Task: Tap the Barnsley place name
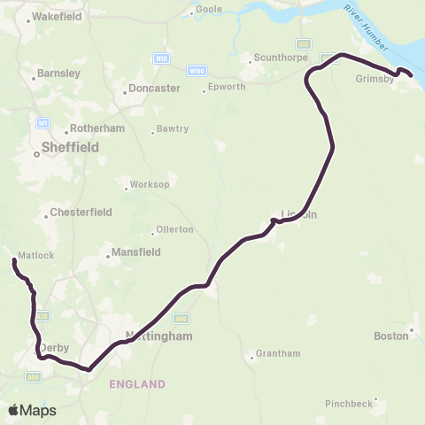58,73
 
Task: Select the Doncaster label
154,89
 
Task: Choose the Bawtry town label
174,129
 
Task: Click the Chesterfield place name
80,212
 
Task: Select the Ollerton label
174,229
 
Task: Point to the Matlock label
38,256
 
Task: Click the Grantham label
277,354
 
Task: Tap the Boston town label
390,336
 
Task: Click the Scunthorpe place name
274,59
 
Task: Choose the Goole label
209,9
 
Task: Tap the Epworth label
221,88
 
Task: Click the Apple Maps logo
33,410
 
